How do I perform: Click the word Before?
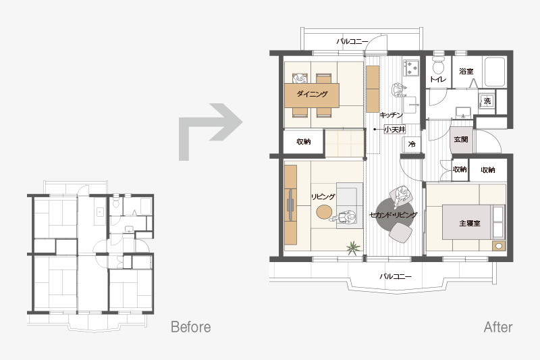pyautogui.click(x=191, y=327)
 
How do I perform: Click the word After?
pyautogui.click(x=498, y=327)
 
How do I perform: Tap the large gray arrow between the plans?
pyautogui.click(x=210, y=131)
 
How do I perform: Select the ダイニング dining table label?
pyautogui.click(x=312, y=94)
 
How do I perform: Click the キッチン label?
pyautogui.click(x=391, y=115)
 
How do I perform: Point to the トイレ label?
pyautogui.click(x=438, y=79)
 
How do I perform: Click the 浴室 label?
pyautogui.click(x=466, y=72)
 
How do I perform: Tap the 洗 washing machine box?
pyautogui.click(x=487, y=101)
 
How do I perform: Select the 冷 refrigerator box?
pyautogui.click(x=412, y=144)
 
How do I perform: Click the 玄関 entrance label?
pyautogui.click(x=461, y=139)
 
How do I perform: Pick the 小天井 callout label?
pyautogui.click(x=395, y=130)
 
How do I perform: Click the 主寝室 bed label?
pyautogui.click(x=470, y=224)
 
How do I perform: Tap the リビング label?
pyautogui.click(x=323, y=197)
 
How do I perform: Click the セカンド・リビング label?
pyautogui.click(x=394, y=215)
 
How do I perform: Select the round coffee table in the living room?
pyautogui.click(x=324, y=212)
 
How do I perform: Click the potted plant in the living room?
pyautogui.click(x=353, y=248)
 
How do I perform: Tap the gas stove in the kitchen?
pyautogui.click(x=411, y=68)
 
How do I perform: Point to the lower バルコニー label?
pyautogui.click(x=396, y=276)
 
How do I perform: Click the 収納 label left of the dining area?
pyautogui.click(x=303, y=142)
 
